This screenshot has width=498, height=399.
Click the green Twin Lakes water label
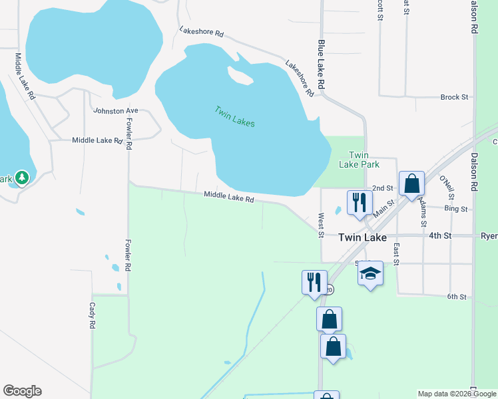pos(234,116)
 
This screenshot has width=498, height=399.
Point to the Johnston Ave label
pos(115,111)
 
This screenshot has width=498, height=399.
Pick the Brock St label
pos(454,97)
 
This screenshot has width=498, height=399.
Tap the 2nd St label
pos(383,189)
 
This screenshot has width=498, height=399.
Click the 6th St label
pos(457,297)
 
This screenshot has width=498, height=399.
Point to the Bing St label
pos(456,209)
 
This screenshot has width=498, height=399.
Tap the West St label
pos(321,225)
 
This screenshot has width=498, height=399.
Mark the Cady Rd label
pos(93,317)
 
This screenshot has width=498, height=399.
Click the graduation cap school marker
pos(371,274)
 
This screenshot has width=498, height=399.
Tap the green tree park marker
pos(22,178)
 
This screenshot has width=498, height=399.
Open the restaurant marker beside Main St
pos(360,203)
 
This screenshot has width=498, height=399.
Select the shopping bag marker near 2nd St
pos(412,184)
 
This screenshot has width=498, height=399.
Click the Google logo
pos(22,391)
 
